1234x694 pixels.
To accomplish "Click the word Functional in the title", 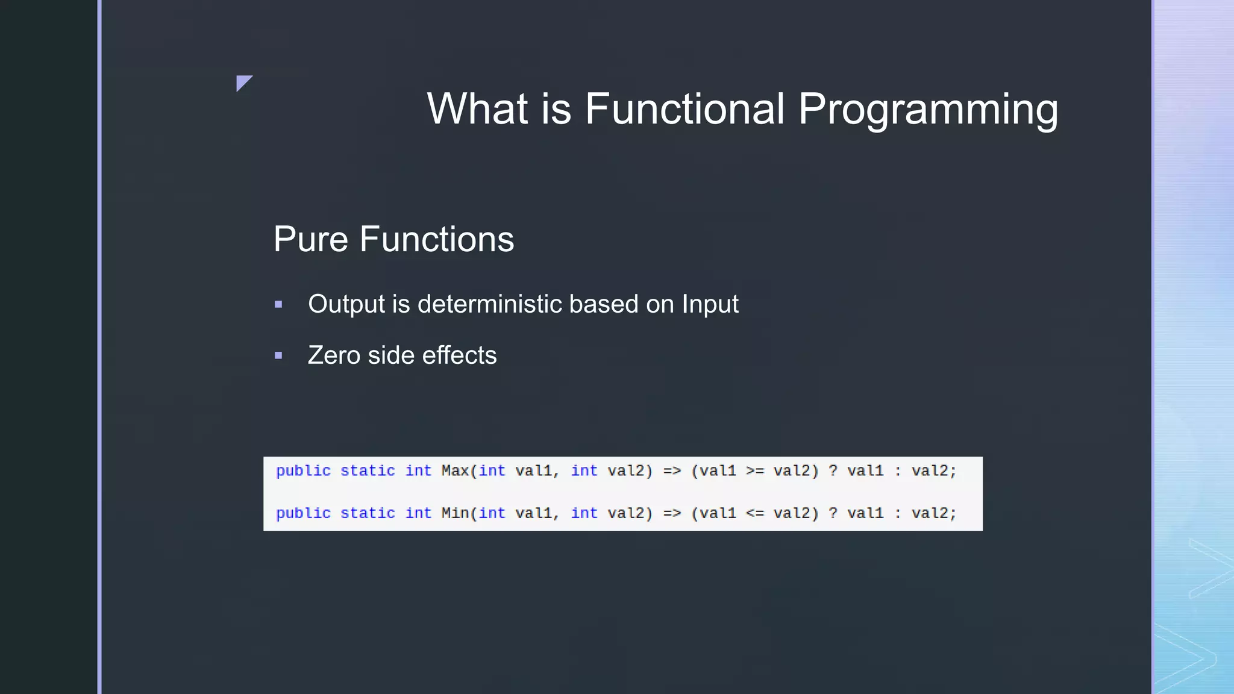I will click(x=685, y=109).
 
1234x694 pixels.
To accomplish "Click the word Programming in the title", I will click(x=928, y=109).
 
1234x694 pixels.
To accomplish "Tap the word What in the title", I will click(x=477, y=109).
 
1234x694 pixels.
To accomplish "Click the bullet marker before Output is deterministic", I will click(x=278, y=305).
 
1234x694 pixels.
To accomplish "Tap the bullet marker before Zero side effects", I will click(x=278, y=356).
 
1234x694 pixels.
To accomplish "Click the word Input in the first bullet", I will click(x=710, y=304).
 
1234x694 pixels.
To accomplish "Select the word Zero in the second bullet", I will click(x=334, y=355).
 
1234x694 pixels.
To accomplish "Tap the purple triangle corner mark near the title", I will click(x=243, y=82).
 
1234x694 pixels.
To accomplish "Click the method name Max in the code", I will click(x=454, y=470).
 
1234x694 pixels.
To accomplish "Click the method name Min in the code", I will click(x=454, y=513).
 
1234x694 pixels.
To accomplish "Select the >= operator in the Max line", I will click(x=754, y=470).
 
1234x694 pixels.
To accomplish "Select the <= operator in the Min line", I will click(x=754, y=513).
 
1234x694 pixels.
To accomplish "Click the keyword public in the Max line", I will click(x=303, y=470).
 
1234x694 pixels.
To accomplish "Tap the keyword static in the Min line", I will click(x=368, y=513).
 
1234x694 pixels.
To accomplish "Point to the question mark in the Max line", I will click(x=833, y=470).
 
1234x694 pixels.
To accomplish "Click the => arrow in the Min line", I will click(x=672, y=513).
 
